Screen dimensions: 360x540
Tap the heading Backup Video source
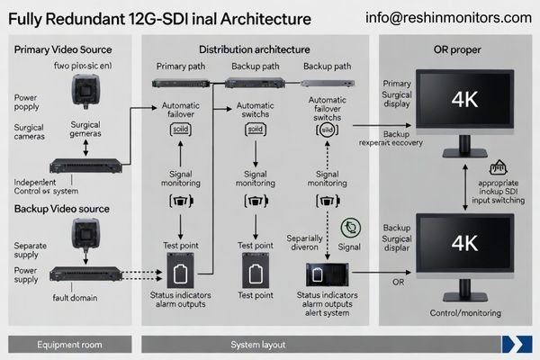[62, 209]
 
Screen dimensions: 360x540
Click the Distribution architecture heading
[255, 49]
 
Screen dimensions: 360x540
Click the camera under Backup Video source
[86, 238]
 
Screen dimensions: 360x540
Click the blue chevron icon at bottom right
[517, 343]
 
